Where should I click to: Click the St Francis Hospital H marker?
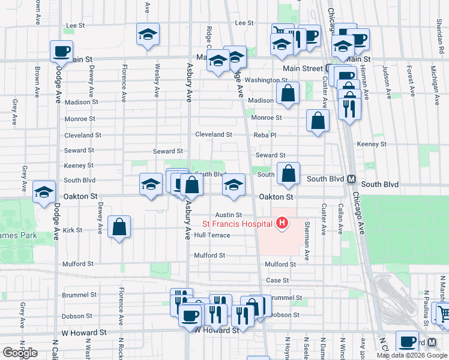pyautogui.click(x=282, y=224)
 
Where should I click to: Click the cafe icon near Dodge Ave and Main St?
pyautogui.click(x=61, y=52)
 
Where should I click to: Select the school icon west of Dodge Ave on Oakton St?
pyautogui.click(x=44, y=193)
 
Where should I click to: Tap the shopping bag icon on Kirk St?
pyautogui.click(x=119, y=227)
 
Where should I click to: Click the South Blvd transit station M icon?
pyautogui.click(x=352, y=179)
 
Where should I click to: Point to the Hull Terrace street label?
pyautogui.click(x=212, y=235)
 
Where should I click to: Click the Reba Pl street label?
pyautogui.click(x=265, y=135)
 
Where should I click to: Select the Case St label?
pyautogui.click(x=277, y=280)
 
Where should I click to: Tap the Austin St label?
pyautogui.click(x=229, y=214)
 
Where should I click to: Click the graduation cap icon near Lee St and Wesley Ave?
pyautogui.click(x=148, y=35)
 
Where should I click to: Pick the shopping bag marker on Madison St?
pyautogui.click(x=288, y=94)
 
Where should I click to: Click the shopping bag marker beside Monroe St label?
pyautogui.click(x=318, y=121)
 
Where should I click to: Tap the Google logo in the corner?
pyautogui.click(x=20, y=353)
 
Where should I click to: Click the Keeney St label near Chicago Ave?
pyautogui.click(x=371, y=144)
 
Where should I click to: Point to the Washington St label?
pyautogui.click(x=266, y=80)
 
